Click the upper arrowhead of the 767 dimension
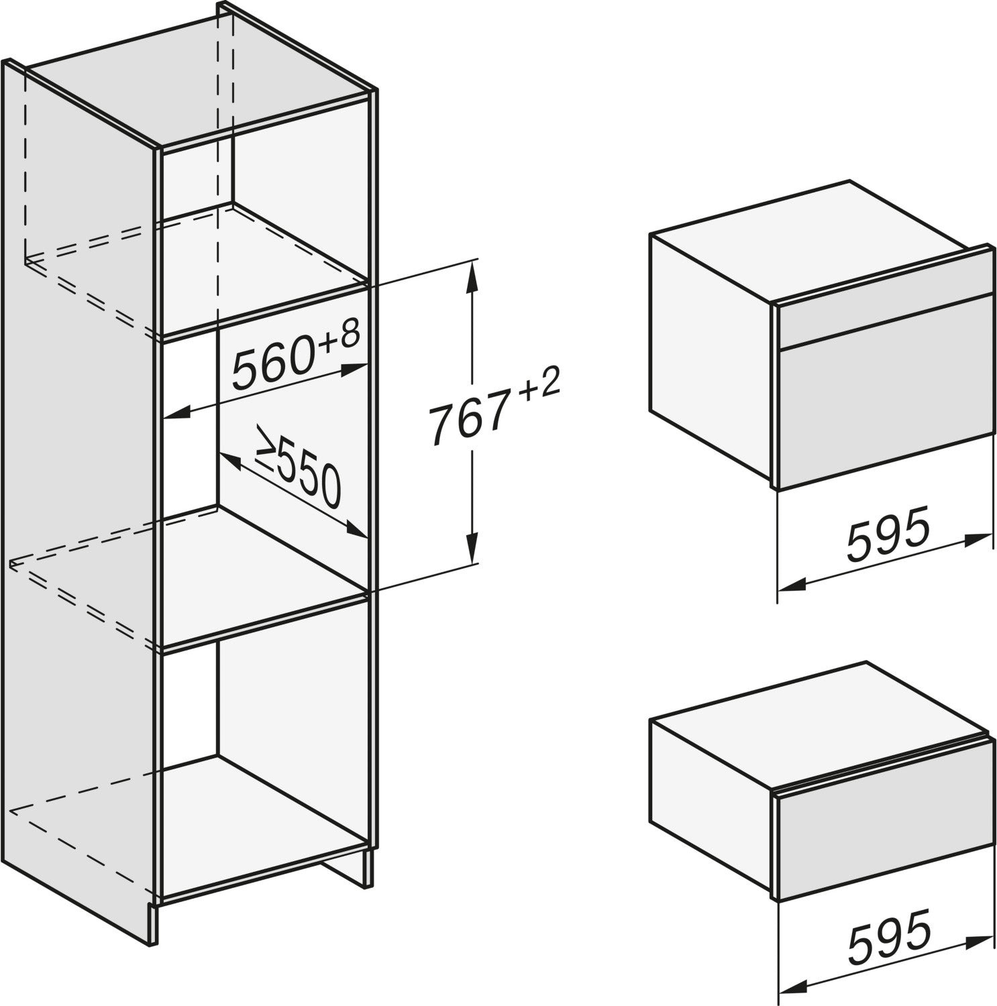(x=473, y=275)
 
